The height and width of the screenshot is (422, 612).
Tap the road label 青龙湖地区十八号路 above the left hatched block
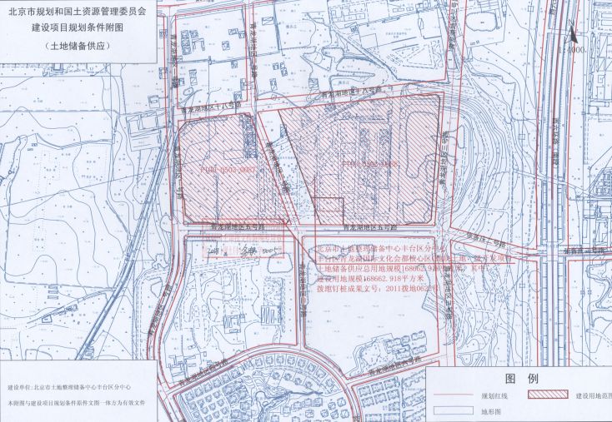click(x=209, y=108)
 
